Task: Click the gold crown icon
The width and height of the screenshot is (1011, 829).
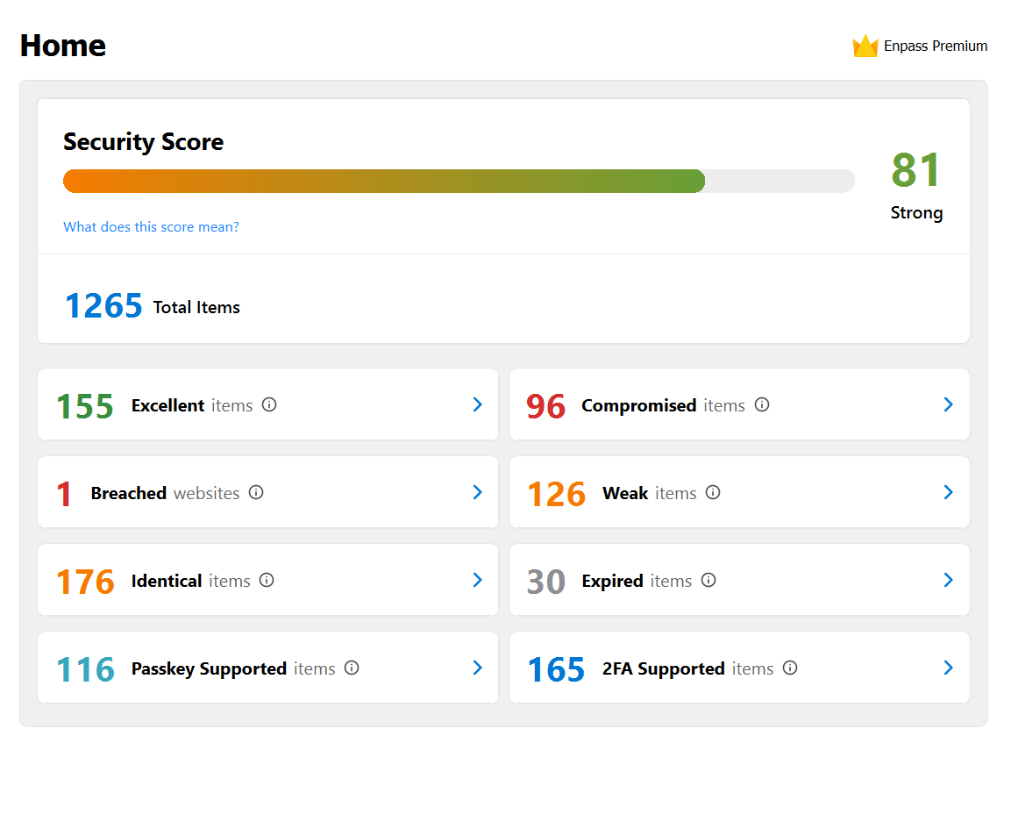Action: click(x=865, y=46)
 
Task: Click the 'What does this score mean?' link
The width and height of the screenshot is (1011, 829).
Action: click(x=151, y=227)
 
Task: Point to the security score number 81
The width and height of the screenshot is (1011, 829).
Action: click(x=916, y=170)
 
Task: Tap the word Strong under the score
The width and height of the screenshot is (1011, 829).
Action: click(x=916, y=213)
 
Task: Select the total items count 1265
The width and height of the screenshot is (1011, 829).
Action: click(x=103, y=306)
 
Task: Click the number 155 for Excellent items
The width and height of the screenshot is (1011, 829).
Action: click(x=85, y=406)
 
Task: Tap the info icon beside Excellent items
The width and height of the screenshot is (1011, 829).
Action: click(x=269, y=405)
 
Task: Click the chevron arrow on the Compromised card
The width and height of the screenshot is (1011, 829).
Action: click(x=948, y=404)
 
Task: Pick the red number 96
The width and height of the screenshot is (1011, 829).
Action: click(x=545, y=406)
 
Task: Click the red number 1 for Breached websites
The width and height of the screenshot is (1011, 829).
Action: click(x=64, y=494)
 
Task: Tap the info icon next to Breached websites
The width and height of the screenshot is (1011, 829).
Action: click(x=256, y=493)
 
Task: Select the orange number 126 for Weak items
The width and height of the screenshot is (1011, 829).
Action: click(x=556, y=494)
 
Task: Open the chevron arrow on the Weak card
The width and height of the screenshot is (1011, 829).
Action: click(x=948, y=492)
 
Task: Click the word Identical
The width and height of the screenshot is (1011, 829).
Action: click(x=167, y=581)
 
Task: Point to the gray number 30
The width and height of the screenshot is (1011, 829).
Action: click(x=545, y=582)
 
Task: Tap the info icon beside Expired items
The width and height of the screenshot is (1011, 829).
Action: click(x=708, y=581)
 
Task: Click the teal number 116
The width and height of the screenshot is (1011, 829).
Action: click(x=85, y=669)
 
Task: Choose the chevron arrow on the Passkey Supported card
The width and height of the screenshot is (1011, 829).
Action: click(x=478, y=668)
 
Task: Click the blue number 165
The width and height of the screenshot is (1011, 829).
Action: click(x=556, y=669)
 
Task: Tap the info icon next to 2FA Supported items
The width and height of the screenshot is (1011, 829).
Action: click(x=790, y=668)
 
